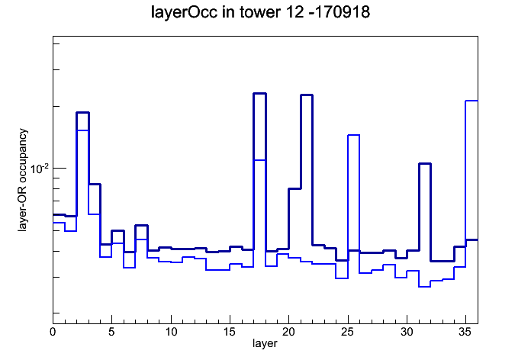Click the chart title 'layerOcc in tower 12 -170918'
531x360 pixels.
(260, 12)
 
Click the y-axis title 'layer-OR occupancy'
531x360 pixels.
(23, 180)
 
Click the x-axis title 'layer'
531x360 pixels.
(265, 343)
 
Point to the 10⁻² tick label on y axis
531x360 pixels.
(39, 168)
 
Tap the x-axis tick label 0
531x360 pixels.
(53, 332)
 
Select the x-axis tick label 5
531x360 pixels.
(111, 332)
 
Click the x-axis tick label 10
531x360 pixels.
(171, 332)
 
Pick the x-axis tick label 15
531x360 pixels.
(230, 332)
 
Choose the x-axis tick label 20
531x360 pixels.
(288, 332)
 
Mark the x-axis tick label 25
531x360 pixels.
(347, 332)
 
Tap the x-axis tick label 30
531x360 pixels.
(407, 332)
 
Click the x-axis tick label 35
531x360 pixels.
(465, 332)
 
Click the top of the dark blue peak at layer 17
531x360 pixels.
(259, 93)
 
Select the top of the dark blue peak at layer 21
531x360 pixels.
(307, 95)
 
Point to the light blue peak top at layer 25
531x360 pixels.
(353, 135)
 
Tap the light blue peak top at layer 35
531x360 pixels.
(471, 101)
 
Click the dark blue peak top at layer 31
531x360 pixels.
(425, 163)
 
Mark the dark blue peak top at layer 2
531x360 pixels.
(82, 112)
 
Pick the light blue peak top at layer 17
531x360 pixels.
(259, 160)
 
